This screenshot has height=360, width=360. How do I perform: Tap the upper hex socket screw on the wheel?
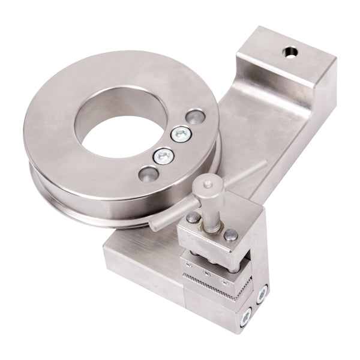[179, 134]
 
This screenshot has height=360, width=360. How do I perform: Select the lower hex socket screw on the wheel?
[162, 157]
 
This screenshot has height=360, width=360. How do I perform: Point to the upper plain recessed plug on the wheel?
[195, 116]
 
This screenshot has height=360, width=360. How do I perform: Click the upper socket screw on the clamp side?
[262, 295]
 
